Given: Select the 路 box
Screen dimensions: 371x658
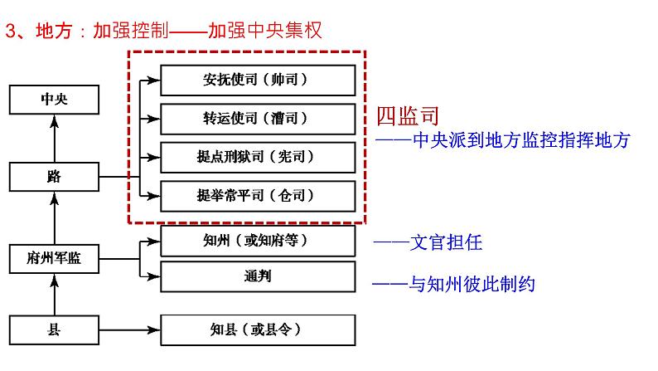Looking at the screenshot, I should click(x=54, y=176).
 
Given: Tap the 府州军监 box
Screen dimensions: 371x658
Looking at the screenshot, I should click(x=54, y=258).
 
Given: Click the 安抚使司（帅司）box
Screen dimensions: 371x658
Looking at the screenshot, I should click(x=258, y=81).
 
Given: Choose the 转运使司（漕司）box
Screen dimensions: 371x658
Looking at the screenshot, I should click(x=258, y=119).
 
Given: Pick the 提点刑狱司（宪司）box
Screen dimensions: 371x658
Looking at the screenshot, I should click(x=258, y=156).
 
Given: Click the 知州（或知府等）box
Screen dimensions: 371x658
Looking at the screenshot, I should click(x=258, y=241).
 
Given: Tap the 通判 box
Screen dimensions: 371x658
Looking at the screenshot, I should click(x=258, y=276).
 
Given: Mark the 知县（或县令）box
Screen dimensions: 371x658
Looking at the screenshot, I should click(x=258, y=330).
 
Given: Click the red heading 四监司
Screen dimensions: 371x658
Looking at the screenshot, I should click(x=407, y=116).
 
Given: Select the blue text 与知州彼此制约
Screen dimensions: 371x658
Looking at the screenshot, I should click(x=472, y=284).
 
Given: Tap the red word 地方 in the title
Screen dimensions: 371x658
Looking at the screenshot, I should click(x=55, y=31).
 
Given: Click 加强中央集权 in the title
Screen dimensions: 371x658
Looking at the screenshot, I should click(x=264, y=31).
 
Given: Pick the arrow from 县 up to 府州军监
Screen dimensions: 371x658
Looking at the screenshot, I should click(x=54, y=294).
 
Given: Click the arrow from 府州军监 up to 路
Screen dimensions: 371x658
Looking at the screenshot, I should click(x=54, y=217).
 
